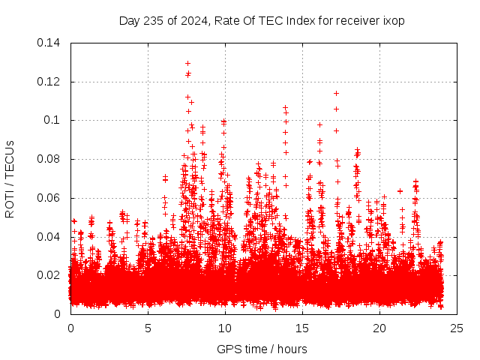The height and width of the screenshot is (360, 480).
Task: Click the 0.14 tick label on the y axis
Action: click(x=51, y=43)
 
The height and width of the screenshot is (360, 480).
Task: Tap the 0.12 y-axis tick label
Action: click(x=51, y=82)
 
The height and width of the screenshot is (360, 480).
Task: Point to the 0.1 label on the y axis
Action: click(x=54, y=120)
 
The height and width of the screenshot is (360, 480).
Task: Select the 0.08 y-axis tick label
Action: click(x=51, y=159)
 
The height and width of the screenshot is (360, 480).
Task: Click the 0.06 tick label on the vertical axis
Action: click(x=51, y=198)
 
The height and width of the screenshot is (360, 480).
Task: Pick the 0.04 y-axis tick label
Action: click(x=51, y=237)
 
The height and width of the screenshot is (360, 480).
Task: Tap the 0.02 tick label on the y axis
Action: click(x=51, y=275)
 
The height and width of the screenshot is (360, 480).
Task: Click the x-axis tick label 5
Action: click(x=148, y=328)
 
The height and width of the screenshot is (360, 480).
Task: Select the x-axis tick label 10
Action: click(x=225, y=328)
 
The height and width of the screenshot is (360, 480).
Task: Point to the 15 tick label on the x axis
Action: click(x=302, y=328)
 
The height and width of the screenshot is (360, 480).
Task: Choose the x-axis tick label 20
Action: click(x=379, y=328)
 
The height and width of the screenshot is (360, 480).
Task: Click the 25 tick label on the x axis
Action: click(x=457, y=328)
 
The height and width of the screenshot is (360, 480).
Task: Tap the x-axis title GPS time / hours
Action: click(x=262, y=349)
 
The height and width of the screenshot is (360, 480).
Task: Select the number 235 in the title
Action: click(x=155, y=21)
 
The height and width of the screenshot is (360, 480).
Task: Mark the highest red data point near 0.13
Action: click(x=187, y=63)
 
